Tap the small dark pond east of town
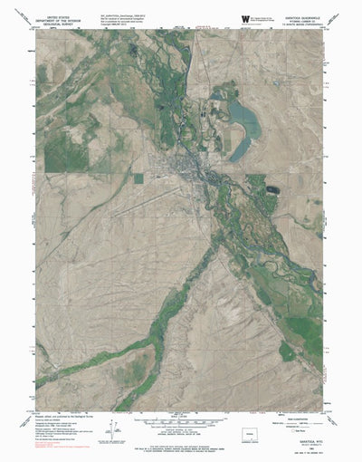coord(272,190)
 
